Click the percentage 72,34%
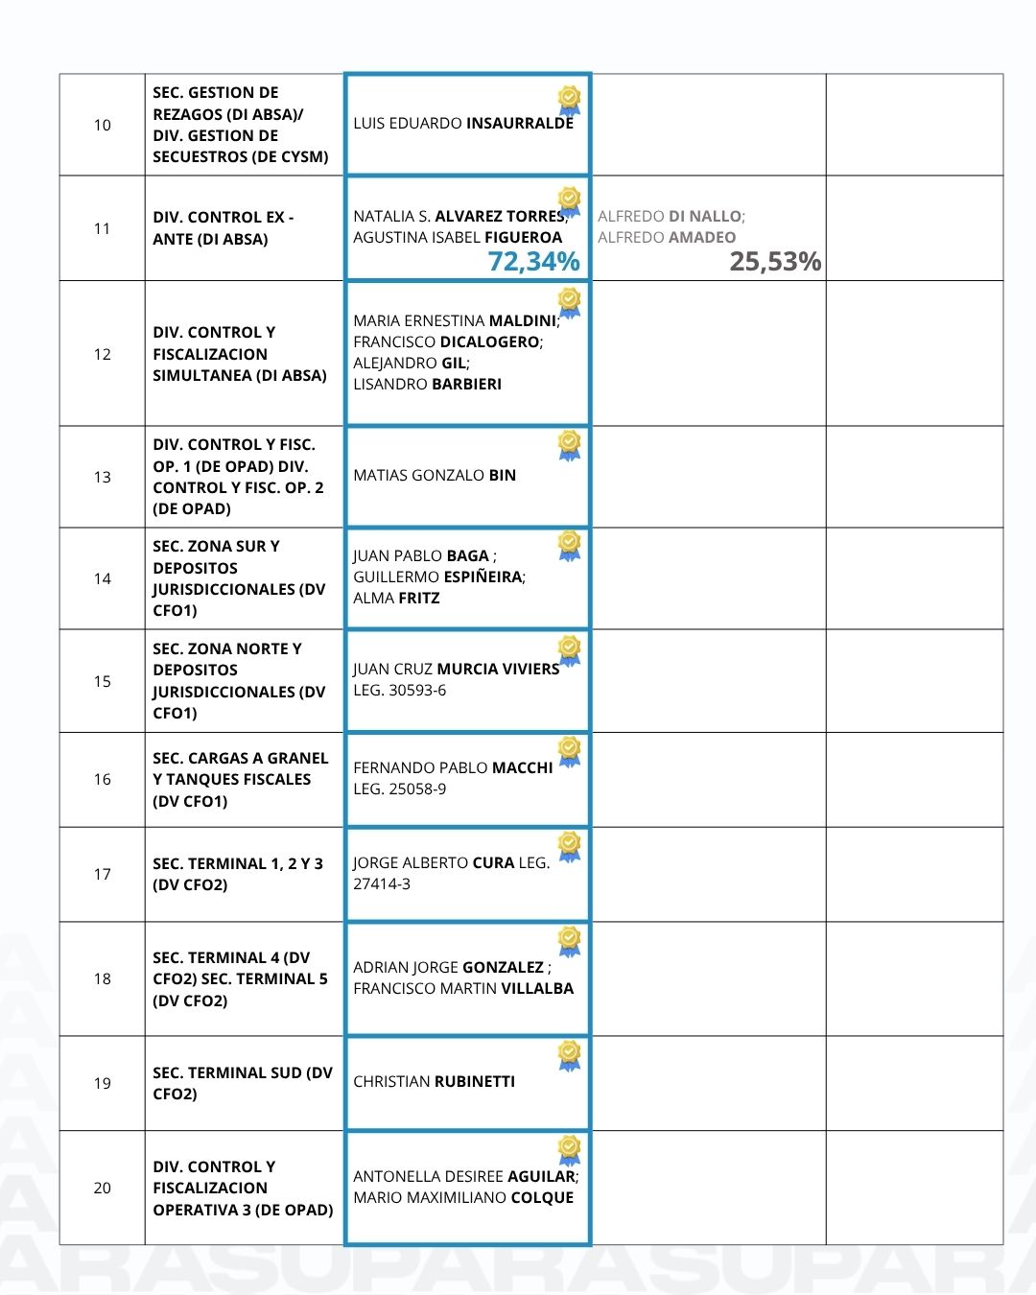coord(533,261)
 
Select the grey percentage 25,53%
coord(775,261)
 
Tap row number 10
coord(103,125)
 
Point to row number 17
coord(103,874)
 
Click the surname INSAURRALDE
coord(519,124)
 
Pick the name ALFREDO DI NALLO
coord(670,217)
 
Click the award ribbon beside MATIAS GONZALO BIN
coord(569,445)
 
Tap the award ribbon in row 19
coord(569,1055)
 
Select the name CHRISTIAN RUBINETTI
coord(434,1081)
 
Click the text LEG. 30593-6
coord(399,691)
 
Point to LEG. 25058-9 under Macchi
coord(399,789)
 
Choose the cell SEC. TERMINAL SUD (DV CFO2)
coord(243,1083)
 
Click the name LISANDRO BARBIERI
coord(427,385)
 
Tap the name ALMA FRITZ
coord(396,599)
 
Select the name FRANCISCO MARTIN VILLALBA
coord(463,989)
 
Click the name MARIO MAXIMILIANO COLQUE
coord(463,1198)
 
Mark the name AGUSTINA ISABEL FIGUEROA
coord(458,238)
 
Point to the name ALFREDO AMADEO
coord(667,238)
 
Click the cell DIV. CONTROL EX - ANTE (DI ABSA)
coord(224,228)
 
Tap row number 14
coord(103,578)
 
